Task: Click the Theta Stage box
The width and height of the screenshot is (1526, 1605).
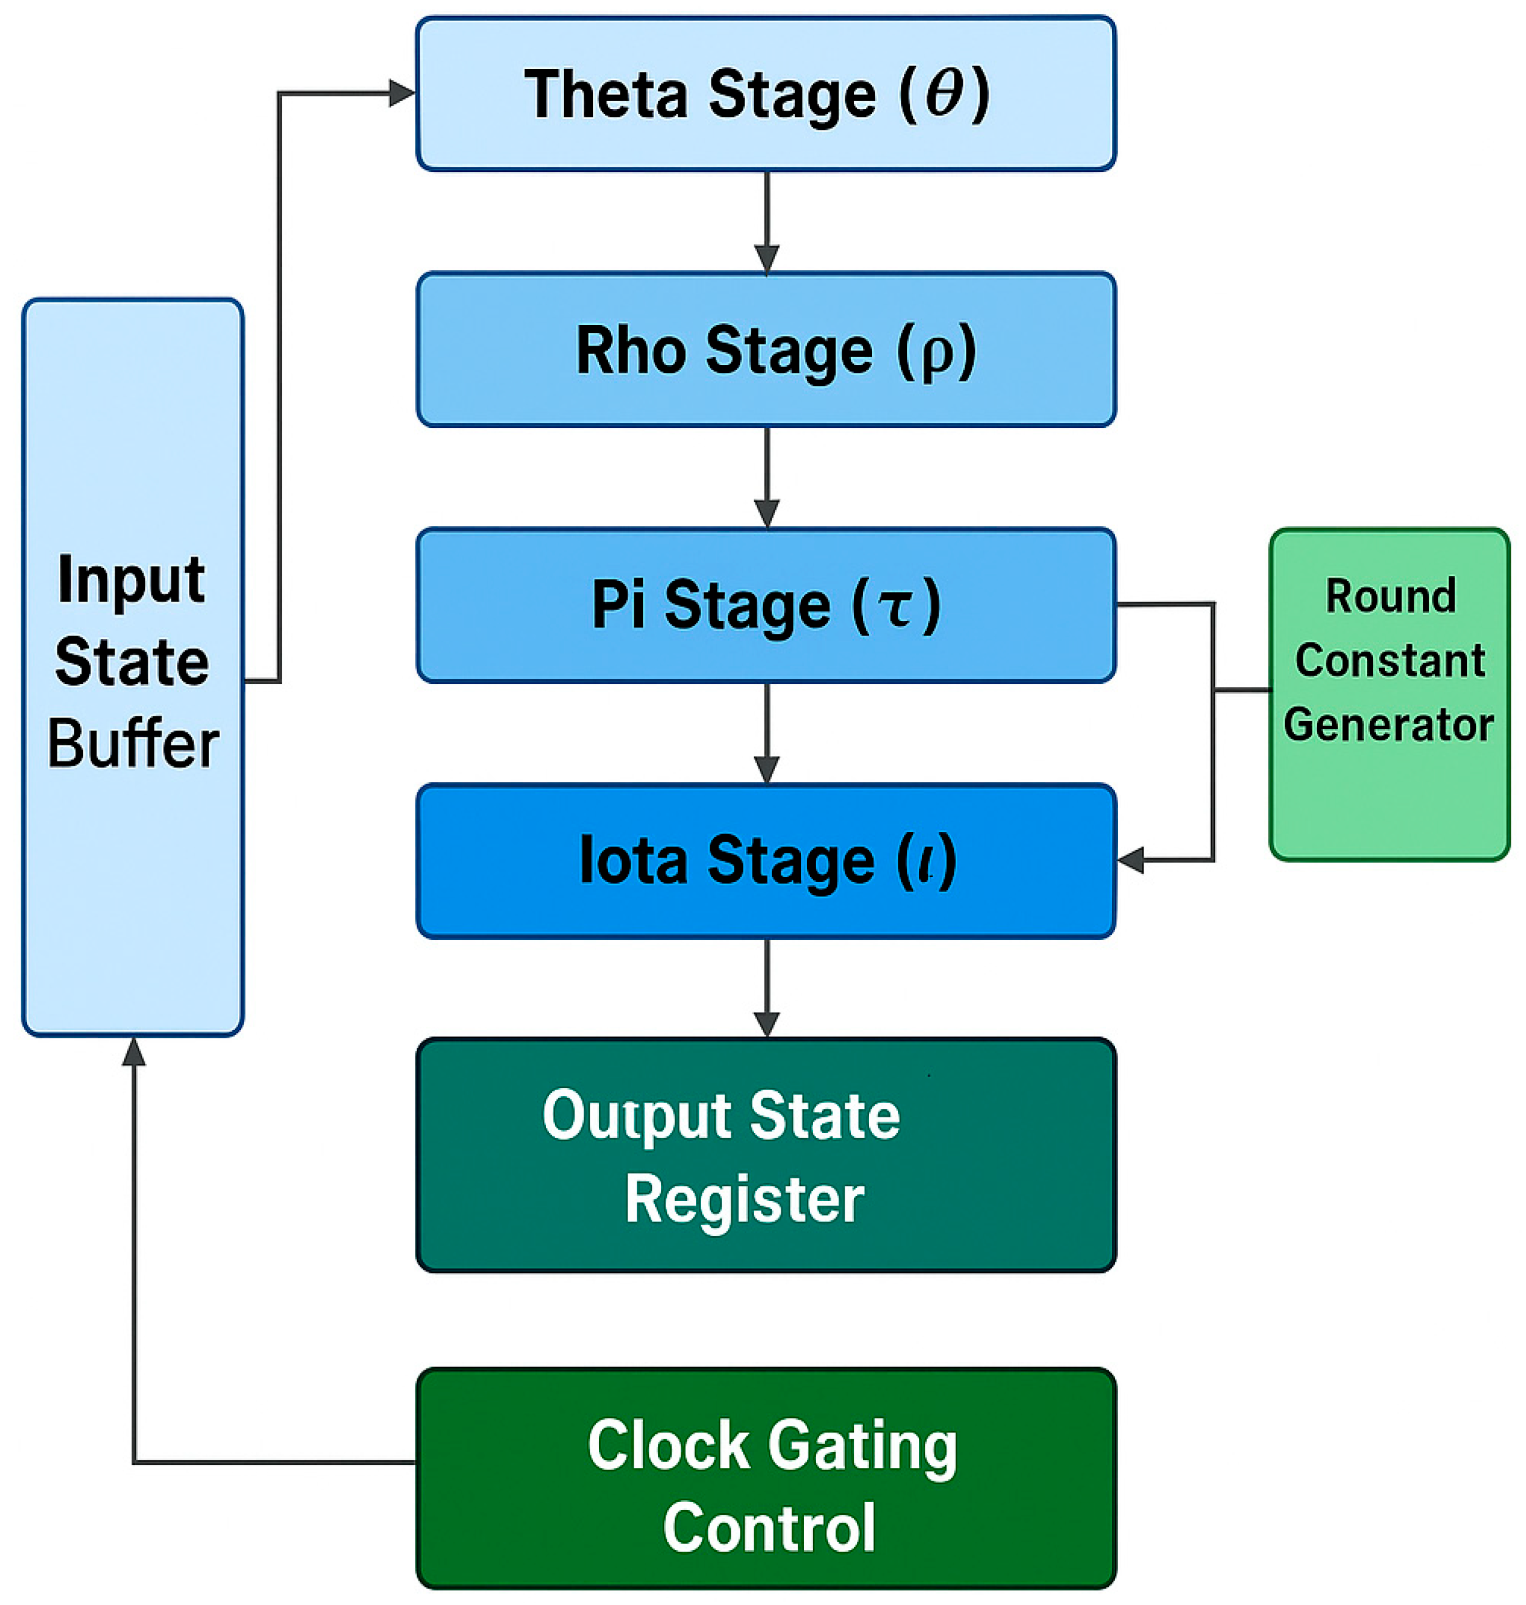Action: [765, 93]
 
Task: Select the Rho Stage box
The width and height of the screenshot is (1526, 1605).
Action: [765, 349]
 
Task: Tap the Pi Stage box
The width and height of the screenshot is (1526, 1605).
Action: [765, 605]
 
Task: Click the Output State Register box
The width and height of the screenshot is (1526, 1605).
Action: [765, 1155]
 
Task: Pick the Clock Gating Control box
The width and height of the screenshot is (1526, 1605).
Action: [765, 1478]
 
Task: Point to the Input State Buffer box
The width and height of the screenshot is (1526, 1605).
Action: [132, 667]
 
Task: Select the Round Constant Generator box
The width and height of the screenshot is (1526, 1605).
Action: [1389, 694]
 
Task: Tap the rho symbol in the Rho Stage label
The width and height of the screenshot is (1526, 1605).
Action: [936, 355]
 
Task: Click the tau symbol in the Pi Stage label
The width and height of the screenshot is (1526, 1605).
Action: [897, 609]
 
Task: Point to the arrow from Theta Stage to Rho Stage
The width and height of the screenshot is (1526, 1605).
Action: [766, 221]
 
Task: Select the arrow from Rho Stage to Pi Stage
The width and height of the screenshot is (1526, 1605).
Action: [766, 477]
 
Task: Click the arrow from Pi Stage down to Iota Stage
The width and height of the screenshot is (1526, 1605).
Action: [766, 733]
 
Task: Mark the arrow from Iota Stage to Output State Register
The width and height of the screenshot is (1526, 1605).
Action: [766, 989]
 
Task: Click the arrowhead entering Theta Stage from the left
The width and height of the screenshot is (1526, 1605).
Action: [402, 93]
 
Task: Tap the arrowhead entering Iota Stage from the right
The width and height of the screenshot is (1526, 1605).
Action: [1131, 859]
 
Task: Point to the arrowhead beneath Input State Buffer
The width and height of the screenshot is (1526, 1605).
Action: [134, 1052]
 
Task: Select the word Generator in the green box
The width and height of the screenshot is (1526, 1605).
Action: [1389, 724]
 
